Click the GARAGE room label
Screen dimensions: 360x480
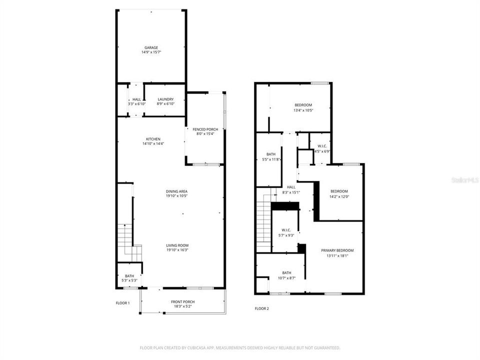point(151,47)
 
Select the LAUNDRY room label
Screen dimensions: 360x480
point(165,99)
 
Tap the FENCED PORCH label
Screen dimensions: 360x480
point(205,129)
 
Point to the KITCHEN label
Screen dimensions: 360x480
point(153,138)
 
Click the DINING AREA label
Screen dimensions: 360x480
point(176,191)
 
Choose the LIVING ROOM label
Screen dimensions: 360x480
point(177,245)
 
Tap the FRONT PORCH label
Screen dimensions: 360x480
point(182,301)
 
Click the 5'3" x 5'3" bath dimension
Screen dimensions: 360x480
point(129,280)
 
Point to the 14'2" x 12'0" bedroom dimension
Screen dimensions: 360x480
point(339,196)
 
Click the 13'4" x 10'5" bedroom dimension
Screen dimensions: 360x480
point(303,110)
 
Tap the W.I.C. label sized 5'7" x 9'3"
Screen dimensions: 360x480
point(286,230)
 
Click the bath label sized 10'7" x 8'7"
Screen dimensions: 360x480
point(286,272)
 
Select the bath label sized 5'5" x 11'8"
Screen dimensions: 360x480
point(271,154)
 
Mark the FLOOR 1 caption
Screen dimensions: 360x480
point(122,303)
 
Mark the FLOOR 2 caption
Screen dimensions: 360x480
point(261,308)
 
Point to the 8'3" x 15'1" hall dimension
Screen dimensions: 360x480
point(291,192)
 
